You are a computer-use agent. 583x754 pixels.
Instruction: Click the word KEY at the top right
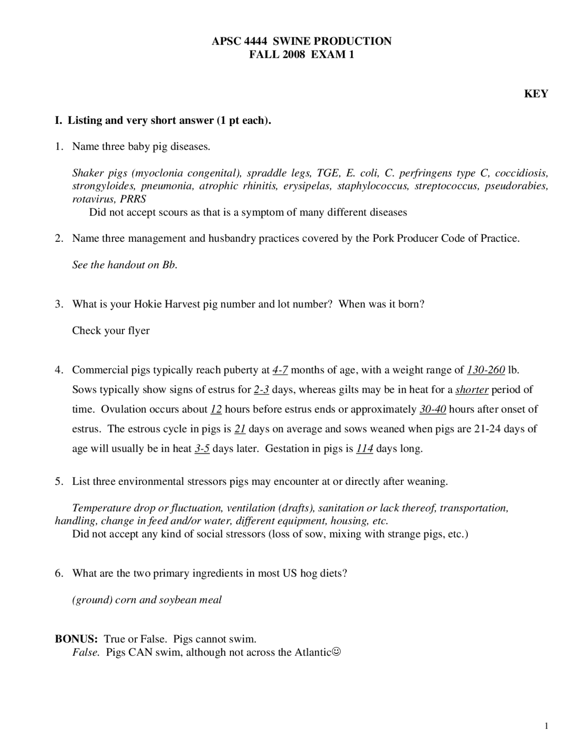[536, 94]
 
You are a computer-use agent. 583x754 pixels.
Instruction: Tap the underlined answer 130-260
[486, 370]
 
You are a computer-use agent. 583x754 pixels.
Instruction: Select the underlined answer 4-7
[280, 370]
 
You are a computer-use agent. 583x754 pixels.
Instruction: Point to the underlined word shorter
[472, 389]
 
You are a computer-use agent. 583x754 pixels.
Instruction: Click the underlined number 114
[364, 448]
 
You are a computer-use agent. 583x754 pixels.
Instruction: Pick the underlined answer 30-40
[432, 409]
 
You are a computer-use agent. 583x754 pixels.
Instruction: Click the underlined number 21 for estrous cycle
[240, 428]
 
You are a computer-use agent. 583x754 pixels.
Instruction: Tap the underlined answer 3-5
[202, 448]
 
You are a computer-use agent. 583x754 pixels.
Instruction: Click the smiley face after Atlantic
[336, 652]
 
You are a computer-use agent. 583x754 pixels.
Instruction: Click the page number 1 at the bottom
[546, 726]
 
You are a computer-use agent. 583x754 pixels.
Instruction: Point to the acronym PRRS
[133, 199]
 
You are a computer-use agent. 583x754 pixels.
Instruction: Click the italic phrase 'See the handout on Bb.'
[124, 265]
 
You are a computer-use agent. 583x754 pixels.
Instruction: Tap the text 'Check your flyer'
[111, 330]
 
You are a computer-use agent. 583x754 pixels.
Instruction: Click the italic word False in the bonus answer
[86, 652]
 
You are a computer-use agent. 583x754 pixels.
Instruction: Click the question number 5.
[59, 481]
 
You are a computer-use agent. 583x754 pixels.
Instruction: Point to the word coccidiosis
[521, 173]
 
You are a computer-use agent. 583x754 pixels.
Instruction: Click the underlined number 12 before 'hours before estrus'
[216, 409]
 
